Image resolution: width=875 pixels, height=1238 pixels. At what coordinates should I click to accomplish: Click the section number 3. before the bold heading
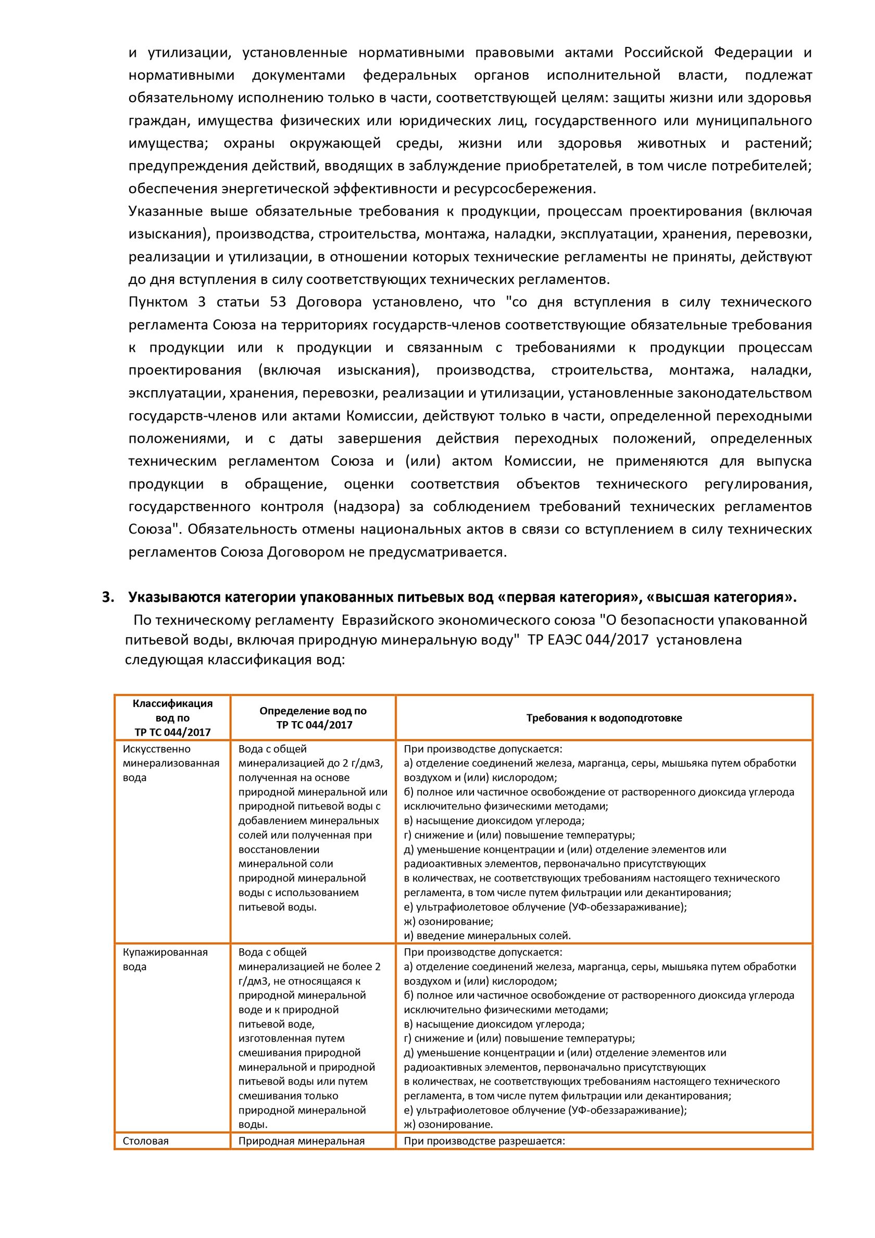(108, 598)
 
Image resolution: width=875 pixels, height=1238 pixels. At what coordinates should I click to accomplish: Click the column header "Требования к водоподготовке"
(604, 717)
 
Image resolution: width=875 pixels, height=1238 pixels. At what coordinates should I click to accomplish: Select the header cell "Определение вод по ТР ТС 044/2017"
(312, 717)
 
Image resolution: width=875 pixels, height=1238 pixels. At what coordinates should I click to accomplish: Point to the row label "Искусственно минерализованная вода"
(171, 763)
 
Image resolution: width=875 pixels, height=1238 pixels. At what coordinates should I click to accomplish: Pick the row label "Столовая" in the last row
(145, 1141)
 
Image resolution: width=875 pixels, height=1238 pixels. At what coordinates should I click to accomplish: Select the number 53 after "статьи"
(278, 302)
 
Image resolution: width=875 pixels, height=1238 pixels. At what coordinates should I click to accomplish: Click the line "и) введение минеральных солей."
(487, 935)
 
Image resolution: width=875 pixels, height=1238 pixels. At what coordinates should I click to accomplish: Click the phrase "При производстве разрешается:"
(484, 1141)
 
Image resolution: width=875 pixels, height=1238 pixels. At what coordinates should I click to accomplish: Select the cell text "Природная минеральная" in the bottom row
(302, 1141)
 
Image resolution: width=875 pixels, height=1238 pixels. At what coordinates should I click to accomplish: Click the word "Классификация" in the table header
(172, 703)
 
